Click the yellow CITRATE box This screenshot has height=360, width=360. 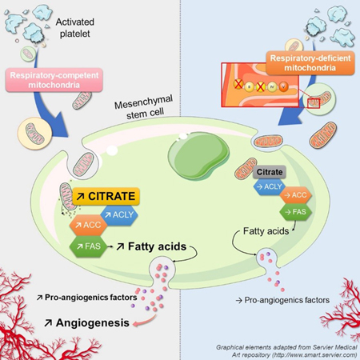106,196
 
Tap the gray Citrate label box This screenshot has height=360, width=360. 270,172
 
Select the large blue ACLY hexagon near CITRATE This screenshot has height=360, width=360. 119,215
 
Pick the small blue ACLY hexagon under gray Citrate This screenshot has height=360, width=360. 270,186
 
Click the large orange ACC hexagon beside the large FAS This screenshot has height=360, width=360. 88,225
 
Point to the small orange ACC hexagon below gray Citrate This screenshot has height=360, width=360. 295,195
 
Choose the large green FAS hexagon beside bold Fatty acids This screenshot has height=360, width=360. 89,246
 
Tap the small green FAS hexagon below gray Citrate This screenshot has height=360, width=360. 295,212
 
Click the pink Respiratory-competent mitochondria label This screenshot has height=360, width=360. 54,80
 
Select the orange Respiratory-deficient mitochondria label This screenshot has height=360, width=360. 310,63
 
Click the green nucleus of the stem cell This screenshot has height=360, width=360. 198,155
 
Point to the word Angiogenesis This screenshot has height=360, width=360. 93,322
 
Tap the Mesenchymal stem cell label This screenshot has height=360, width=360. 144,106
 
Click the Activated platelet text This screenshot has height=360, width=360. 75,28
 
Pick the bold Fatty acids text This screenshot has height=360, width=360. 157,246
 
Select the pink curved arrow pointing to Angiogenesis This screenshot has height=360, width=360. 145,321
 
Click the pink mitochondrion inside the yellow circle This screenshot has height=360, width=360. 34,134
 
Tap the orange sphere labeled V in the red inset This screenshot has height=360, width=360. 283,86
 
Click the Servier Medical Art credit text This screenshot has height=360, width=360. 286,351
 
